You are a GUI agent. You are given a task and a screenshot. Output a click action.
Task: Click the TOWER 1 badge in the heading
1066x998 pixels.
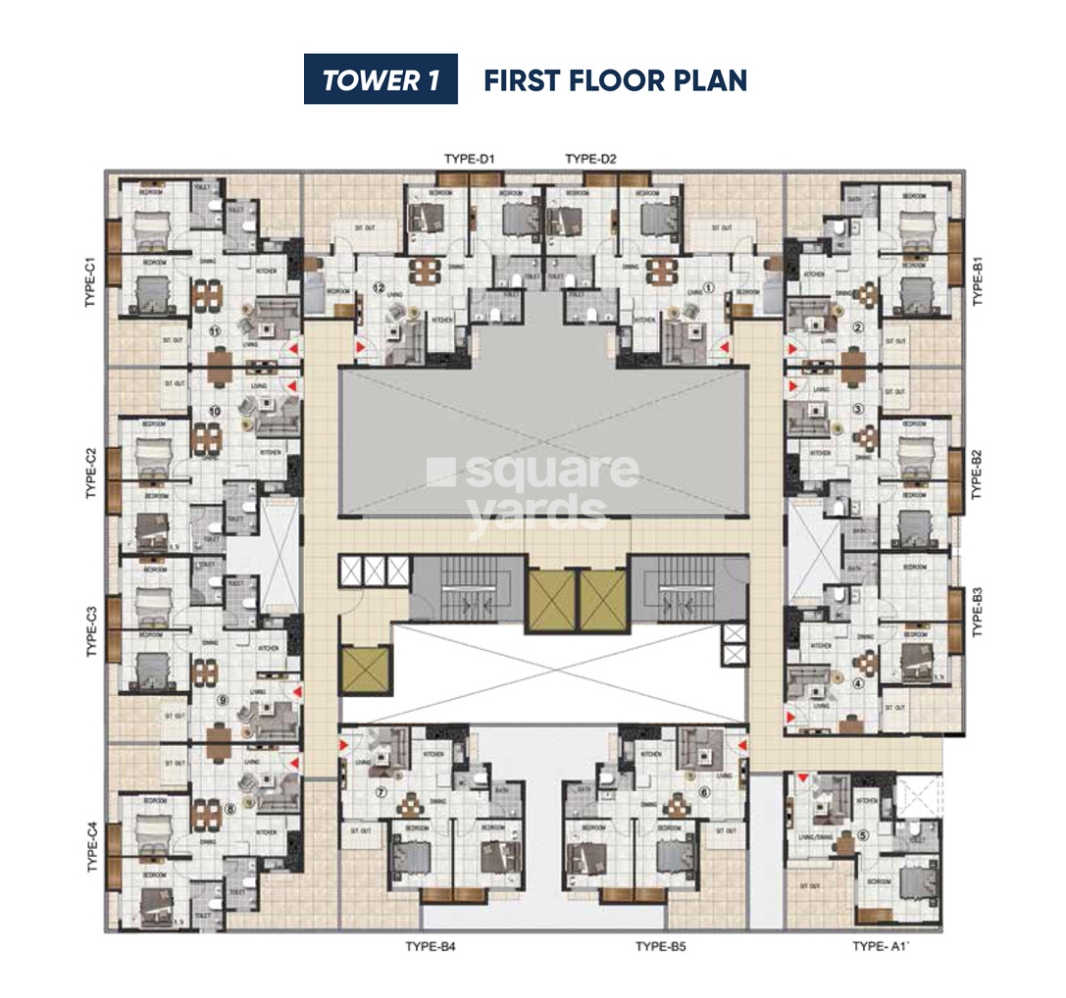(381, 79)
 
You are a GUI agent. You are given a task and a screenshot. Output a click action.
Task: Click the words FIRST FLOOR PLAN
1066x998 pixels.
(615, 80)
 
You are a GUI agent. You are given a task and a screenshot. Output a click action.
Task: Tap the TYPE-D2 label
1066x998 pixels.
(591, 159)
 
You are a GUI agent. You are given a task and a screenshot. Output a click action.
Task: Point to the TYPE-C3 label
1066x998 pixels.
(89, 632)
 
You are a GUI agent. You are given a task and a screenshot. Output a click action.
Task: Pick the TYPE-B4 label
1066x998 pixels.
(431, 946)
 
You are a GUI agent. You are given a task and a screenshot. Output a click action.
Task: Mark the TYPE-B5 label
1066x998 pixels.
(666, 946)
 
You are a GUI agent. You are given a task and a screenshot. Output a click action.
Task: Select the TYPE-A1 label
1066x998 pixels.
(883, 946)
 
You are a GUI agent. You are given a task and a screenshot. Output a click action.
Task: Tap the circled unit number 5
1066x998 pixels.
(863, 835)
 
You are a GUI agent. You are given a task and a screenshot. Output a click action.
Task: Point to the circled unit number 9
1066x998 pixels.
(223, 700)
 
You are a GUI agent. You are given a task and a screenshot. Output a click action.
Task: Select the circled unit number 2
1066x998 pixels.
(857, 327)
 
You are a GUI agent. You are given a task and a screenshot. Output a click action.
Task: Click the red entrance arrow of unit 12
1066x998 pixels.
(361, 347)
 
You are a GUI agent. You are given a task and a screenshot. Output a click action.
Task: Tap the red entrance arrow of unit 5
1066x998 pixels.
(802, 778)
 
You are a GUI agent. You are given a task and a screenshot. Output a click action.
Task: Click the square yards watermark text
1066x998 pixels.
(534, 490)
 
